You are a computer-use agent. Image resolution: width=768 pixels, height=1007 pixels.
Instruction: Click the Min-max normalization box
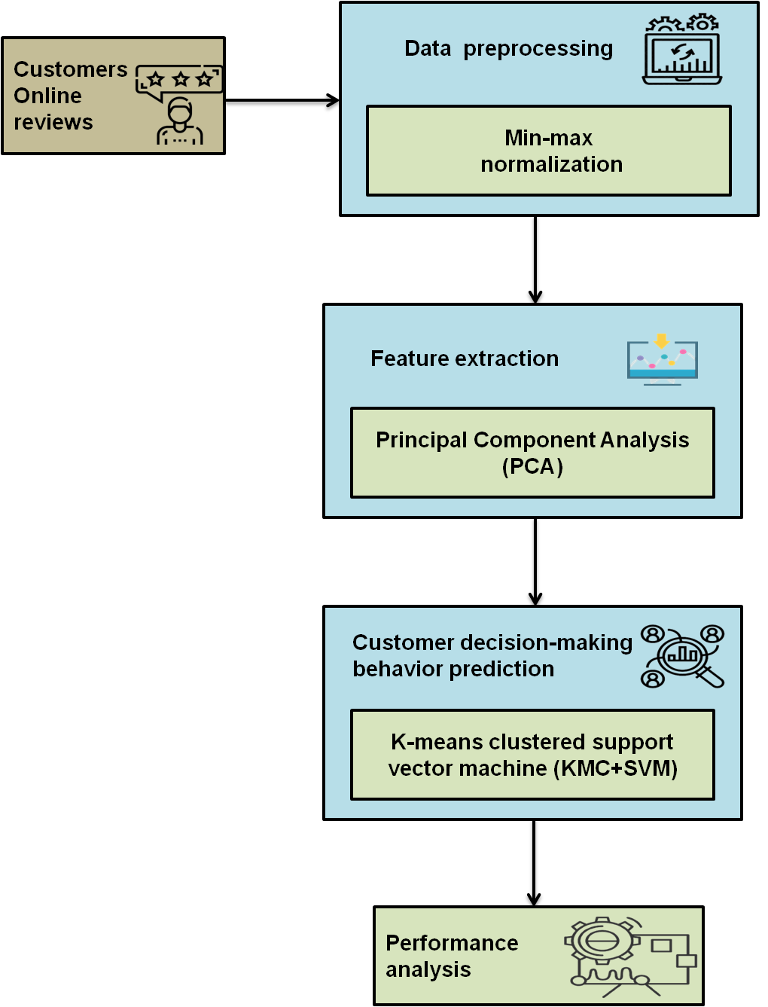tap(548, 151)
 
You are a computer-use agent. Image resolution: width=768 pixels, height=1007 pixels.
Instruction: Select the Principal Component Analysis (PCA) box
tap(532, 453)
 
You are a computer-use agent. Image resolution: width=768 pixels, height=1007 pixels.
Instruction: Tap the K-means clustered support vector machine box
tap(532, 755)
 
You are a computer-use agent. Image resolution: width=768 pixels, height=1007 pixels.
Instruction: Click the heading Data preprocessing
tap(508, 48)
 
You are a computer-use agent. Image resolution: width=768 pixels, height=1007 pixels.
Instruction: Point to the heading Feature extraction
tap(465, 359)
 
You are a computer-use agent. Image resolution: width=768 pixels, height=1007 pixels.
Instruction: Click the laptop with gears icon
tap(681, 50)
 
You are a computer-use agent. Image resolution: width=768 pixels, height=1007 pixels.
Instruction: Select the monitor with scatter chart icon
tap(663, 361)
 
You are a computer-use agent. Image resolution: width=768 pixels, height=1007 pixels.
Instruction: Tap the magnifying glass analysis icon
tap(683, 656)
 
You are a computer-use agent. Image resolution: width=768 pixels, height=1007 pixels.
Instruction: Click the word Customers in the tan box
tap(71, 69)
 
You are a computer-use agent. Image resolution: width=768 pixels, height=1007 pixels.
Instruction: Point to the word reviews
tap(53, 122)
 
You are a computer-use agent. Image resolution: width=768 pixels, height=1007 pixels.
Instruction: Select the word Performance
tap(452, 943)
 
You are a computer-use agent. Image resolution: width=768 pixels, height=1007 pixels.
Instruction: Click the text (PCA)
tap(532, 467)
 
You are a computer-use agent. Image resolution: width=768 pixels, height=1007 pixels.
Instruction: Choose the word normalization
tap(552, 164)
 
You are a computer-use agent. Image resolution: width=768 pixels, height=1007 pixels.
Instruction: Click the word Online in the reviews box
tap(47, 96)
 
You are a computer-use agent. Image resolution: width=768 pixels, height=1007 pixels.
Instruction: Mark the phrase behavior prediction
tap(453, 669)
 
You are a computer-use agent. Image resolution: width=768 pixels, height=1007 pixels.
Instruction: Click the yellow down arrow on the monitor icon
tap(662, 341)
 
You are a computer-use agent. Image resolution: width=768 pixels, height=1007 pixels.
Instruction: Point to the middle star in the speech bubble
tap(181, 79)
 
